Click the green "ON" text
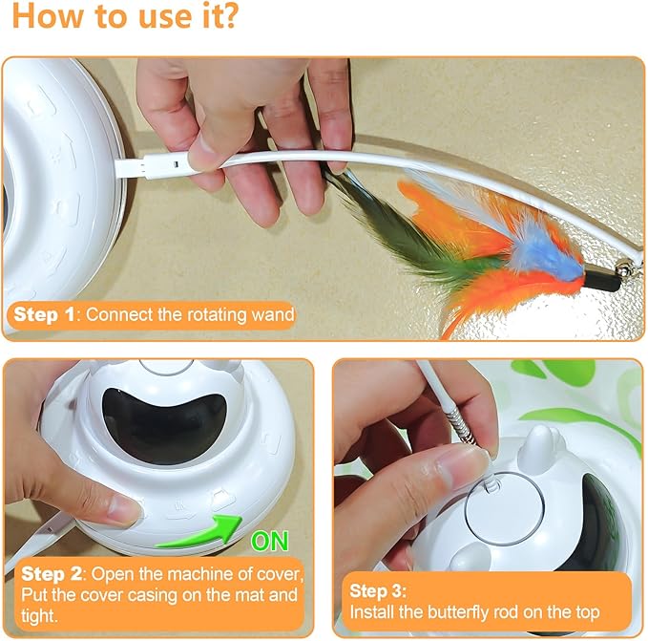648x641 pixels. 269,542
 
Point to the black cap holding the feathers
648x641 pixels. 601,276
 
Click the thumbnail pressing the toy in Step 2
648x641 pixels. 124,511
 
